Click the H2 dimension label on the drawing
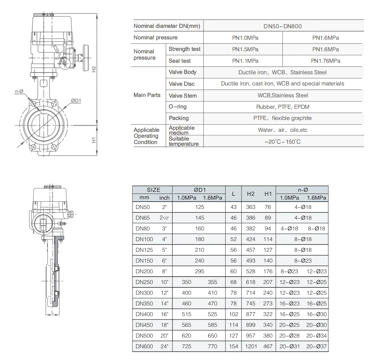pos(94,69)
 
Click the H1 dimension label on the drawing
pos(94,140)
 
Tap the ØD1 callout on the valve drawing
pos(76,101)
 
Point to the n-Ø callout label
pos(19,91)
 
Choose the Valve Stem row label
pos(183,96)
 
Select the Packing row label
pos(179,118)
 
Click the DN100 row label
pos(144,239)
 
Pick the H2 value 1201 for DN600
pos(251,346)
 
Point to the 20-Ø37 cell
pos(316,346)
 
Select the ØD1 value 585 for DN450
pos(212,325)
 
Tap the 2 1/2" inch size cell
pos(164,218)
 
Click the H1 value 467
pos(268,346)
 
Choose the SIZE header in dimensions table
pos(153,190)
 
